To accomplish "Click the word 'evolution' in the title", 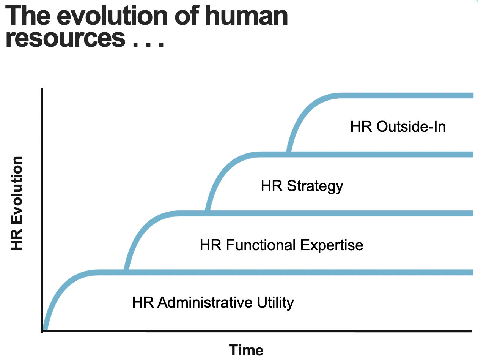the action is click(112, 16).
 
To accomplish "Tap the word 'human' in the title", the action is click(246, 16).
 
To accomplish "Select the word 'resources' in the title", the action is click(65, 38).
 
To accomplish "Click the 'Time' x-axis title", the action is click(246, 350).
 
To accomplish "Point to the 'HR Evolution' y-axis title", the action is click(17, 203).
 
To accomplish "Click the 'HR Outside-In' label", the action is click(398, 126).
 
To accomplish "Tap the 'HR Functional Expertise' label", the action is click(281, 246).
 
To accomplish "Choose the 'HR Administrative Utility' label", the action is click(213, 303).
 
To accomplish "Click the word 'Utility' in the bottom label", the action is click(275, 303).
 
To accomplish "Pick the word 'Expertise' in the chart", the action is click(332, 246).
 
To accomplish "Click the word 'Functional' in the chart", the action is click(261, 245).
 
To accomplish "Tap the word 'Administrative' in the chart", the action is click(205, 302).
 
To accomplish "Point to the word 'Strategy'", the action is click(315, 186).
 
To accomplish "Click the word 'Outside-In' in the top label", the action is click(411, 126).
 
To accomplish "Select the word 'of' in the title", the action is click(187, 15).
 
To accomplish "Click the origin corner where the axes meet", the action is click(42, 331).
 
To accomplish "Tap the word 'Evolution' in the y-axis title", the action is click(17, 190).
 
